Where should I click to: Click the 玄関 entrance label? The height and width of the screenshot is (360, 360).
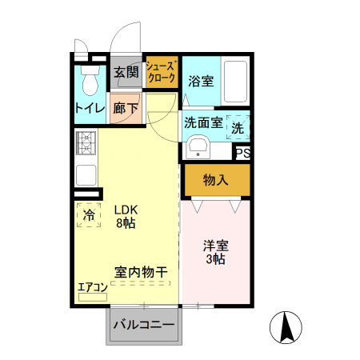tap(126, 73)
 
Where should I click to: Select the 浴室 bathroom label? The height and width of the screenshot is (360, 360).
tap(200, 81)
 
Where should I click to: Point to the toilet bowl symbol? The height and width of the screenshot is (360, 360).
tap(90, 81)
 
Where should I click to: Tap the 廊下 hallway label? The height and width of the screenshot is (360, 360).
tap(126, 108)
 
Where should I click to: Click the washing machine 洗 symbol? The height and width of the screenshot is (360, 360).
tap(238, 126)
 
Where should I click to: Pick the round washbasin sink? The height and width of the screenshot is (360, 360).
tap(197, 149)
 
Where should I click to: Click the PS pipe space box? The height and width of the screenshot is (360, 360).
tap(242, 152)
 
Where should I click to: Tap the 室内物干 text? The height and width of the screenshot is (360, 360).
tap(141, 273)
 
